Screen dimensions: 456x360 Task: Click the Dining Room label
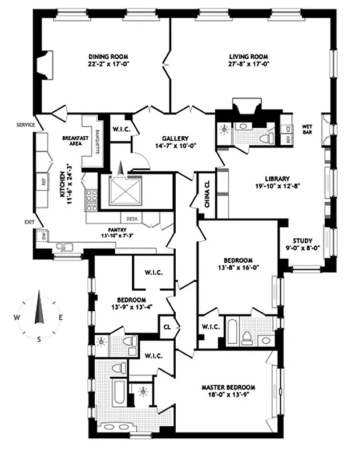pos(108,56)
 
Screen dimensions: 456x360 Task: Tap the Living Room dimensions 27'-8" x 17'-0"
pos(248,64)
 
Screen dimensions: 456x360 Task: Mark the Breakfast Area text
pos(73,141)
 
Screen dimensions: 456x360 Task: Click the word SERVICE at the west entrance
pos(26,124)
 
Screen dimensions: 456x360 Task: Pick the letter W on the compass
pos(17,317)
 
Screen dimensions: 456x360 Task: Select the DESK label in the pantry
pos(131,217)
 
